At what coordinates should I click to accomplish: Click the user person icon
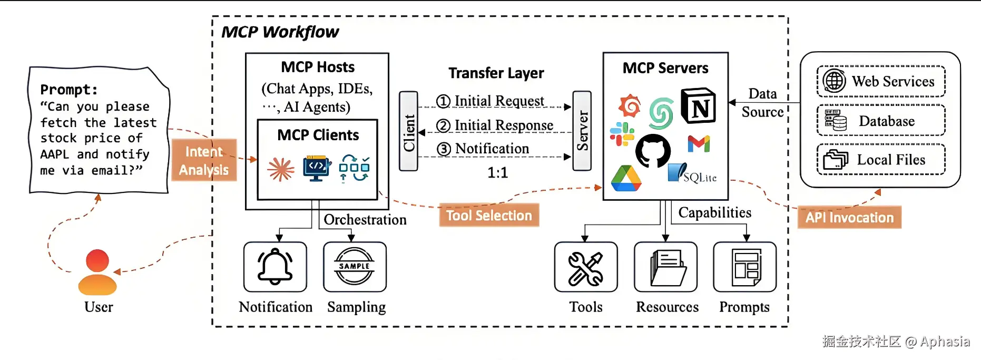pos(97,272)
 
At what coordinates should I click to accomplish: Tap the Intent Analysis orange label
pos(204,160)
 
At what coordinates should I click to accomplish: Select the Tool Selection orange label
pos(489,215)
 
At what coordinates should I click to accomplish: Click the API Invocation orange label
pos(849,217)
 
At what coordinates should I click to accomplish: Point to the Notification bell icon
pos(275,267)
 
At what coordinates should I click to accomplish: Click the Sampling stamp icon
pos(355,267)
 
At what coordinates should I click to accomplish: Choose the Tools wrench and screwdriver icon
pos(586,267)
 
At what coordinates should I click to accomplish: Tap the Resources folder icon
pos(666,267)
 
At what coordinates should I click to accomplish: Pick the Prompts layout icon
pos(745,267)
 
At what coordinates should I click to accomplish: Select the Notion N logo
pos(699,106)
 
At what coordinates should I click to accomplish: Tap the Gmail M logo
pos(699,143)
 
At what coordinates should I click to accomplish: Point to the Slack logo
pos(622,134)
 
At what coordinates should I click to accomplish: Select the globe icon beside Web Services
pos(835,81)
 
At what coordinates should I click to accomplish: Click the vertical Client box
pos(409,131)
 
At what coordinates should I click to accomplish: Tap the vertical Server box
pos(582,131)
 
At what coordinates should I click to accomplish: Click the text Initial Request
pos(499,101)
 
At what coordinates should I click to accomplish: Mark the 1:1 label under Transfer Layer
pos(497,173)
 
